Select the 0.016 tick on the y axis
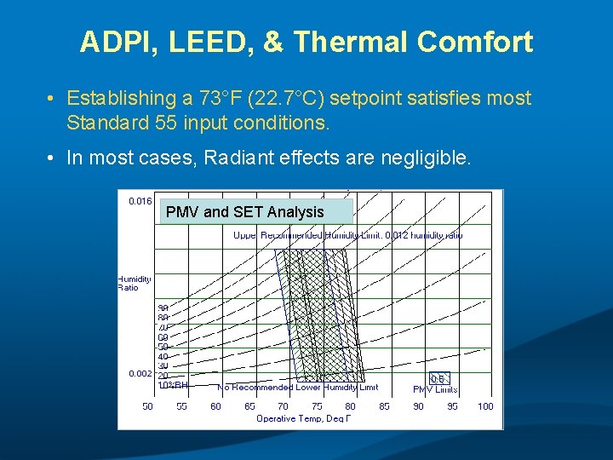[x=140, y=202]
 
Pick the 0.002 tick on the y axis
[x=140, y=374]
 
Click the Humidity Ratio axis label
[x=134, y=283]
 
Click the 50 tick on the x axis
[x=148, y=406]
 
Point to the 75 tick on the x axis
[x=317, y=406]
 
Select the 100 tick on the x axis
[x=485, y=406]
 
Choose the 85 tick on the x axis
[x=385, y=406]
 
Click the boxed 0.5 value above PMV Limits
[x=438, y=379]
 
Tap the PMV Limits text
[x=435, y=389]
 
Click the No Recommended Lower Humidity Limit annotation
[x=297, y=388]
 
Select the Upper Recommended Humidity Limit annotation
[x=347, y=235]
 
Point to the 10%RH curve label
[x=173, y=385]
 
